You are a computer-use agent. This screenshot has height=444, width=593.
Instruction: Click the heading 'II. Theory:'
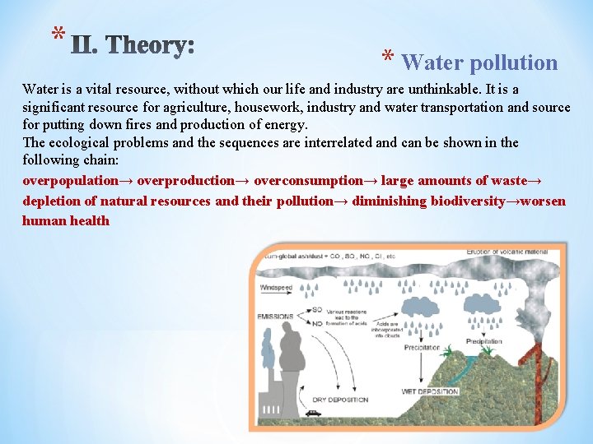[x=133, y=43]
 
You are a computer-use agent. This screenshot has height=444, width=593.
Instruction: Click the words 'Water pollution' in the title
[x=479, y=62]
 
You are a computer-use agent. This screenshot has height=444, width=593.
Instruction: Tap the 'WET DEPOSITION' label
[x=429, y=391]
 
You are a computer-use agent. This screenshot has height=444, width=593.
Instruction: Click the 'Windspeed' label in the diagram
[x=278, y=288]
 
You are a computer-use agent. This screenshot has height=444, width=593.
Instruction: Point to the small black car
[x=313, y=413]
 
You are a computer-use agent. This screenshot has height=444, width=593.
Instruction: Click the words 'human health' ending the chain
[x=66, y=221]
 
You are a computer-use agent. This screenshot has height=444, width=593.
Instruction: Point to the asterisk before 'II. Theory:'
[x=56, y=35]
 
